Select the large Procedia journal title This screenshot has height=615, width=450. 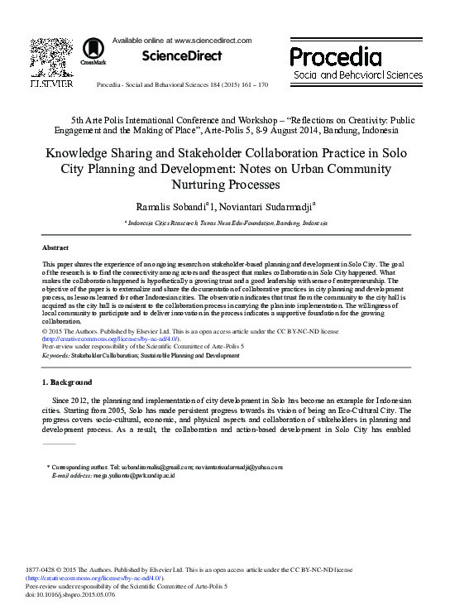336,57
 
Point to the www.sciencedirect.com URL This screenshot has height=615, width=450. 203,39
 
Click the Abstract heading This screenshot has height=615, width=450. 55,247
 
